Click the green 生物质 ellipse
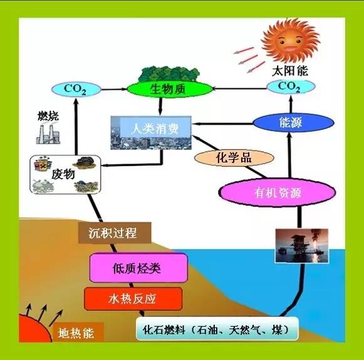tap(170, 89)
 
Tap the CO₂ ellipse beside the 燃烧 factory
tap(76, 89)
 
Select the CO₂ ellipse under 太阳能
tap(291, 87)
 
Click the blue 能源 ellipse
tap(293, 122)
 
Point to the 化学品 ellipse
tap(234, 158)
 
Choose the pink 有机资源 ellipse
tap(278, 193)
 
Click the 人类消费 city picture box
tap(151, 133)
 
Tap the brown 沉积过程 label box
tap(115, 233)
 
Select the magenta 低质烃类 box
tap(138, 268)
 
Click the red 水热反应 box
tap(133, 299)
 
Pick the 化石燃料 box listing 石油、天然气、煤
tap(217, 329)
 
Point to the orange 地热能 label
tap(76, 333)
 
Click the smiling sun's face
tap(290, 41)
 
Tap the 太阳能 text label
tap(289, 71)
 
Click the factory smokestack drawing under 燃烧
tap(48, 134)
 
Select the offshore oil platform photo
tap(301, 246)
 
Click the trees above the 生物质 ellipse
tap(169, 74)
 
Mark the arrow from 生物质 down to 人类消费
tap(160, 106)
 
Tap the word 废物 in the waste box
tap(63, 174)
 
